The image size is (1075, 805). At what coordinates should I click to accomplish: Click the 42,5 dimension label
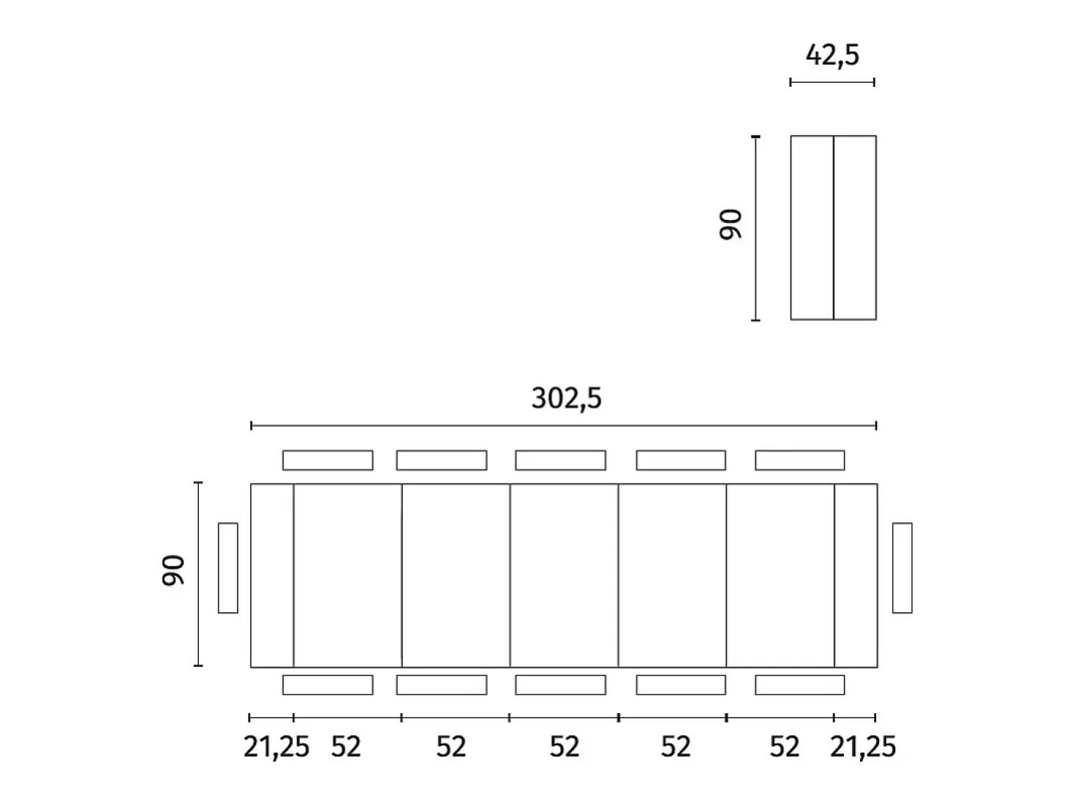point(832,55)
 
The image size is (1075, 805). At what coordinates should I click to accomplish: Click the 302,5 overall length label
point(566,398)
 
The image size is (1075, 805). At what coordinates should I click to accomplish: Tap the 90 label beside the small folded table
point(730,224)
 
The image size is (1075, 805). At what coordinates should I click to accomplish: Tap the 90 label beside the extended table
point(173,570)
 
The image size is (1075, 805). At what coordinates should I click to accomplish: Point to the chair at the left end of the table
point(228,567)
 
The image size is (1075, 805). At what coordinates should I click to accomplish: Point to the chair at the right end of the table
point(902,567)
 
